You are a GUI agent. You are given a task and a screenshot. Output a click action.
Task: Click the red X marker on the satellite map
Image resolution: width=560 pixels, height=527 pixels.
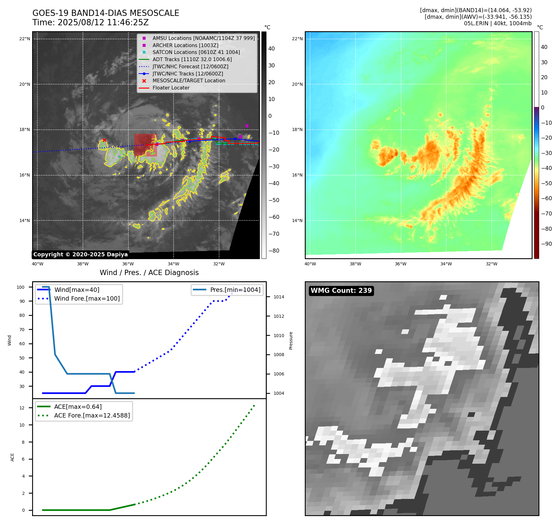(104, 140)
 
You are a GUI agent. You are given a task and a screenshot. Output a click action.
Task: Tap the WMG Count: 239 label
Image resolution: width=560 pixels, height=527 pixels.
(341, 291)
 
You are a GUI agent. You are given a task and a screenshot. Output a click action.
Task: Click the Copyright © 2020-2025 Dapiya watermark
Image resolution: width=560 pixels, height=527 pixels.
(80, 254)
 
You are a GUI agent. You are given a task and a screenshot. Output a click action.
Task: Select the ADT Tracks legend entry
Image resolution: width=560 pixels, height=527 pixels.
(192, 59)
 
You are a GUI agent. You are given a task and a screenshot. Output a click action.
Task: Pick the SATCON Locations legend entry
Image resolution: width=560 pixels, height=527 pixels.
(196, 52)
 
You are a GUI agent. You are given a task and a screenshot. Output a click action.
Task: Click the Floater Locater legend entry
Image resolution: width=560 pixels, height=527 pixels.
(171, 88)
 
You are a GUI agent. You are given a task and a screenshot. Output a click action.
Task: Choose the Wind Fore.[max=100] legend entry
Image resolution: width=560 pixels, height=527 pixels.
(87, 298)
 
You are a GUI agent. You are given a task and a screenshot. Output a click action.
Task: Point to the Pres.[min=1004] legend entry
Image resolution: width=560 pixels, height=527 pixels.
(235, 290)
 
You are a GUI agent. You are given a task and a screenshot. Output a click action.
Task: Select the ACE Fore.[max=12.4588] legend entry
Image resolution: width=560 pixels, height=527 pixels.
(92, 415)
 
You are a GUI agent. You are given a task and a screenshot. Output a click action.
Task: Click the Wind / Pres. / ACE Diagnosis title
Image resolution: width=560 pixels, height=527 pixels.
(149, 273)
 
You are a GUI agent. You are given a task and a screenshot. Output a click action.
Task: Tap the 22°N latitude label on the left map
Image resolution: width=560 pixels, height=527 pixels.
(25, 39)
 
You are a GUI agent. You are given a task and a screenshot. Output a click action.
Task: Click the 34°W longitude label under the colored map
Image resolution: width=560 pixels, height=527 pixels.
(446, 264)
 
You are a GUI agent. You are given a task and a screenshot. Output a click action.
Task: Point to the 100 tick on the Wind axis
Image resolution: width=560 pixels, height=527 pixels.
(21, 287)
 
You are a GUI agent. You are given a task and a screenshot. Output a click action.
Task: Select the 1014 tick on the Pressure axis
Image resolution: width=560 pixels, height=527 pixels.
(279, 297)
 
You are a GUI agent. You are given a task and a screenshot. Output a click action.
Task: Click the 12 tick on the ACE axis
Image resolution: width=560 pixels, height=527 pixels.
(22, 408)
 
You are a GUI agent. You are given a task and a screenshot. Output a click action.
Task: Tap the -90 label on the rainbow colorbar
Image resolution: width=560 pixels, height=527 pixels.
(546, 244)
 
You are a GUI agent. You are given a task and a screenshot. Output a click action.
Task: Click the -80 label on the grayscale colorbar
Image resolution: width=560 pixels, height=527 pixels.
(274, 251)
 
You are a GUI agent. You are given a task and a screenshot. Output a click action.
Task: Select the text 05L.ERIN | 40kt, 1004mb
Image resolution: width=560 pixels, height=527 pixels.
(497, 23)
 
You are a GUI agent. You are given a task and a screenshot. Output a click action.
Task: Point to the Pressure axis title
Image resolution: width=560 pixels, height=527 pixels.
(291, 341)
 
